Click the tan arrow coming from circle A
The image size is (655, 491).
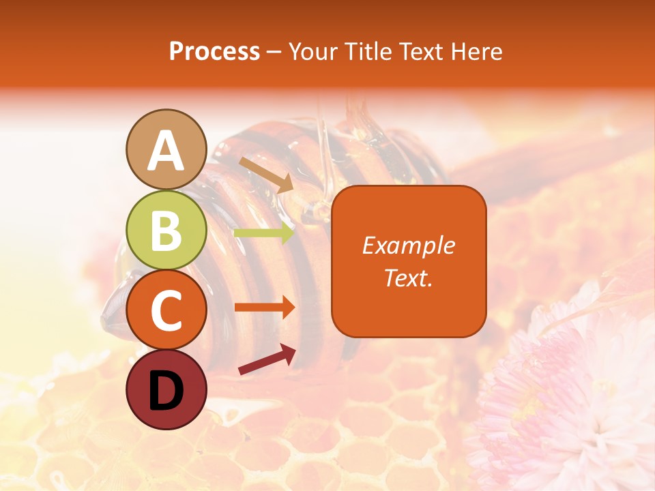pyautogui.click(x=265, y=175)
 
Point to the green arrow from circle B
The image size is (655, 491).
pyautogui.click(x=264, y=233)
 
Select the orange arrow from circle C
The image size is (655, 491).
pyautogui.click(x=264, y=308)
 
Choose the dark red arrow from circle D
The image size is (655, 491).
pyautogui.click(x=267, y=359)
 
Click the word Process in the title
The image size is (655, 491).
pyautogui.click(x=214, y=52)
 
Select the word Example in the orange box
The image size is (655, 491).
pyautogui.click(x=409, y=245)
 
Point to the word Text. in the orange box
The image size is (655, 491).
pyautogui.click(x=409, y=278)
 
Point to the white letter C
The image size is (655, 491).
pyautogui.click(x=166, y=311)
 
